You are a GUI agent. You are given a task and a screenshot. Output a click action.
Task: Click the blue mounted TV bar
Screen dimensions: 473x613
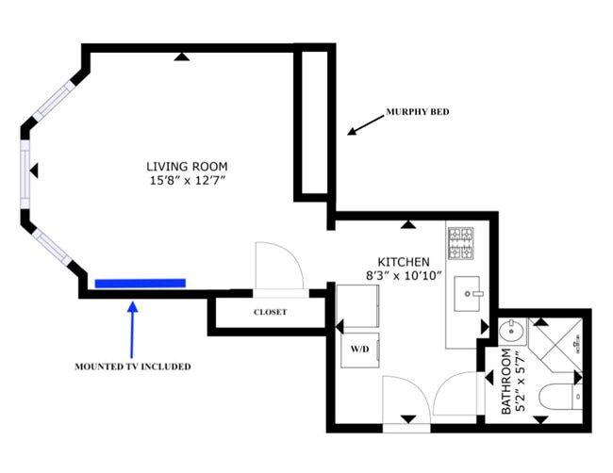(140, 282)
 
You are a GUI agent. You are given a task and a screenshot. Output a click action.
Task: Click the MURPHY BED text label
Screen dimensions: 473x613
(417, 112)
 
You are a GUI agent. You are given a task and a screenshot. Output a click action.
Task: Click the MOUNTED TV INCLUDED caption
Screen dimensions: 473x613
(132, 366)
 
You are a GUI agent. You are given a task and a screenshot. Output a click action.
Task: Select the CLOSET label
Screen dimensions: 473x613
(270, 312)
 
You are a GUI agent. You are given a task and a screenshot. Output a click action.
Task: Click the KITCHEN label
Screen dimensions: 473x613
(404, 261)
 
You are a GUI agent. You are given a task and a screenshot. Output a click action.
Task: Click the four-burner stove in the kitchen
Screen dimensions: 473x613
(461, 244)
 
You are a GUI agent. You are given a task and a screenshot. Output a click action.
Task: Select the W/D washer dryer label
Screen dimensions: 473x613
(360, 350)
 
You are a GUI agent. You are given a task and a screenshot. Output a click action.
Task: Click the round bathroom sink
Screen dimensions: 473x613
(509, 332)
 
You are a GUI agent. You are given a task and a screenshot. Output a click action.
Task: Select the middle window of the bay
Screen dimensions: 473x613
(25, 171)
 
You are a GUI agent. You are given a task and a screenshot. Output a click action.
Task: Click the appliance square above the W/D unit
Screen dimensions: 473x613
(358, 305)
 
